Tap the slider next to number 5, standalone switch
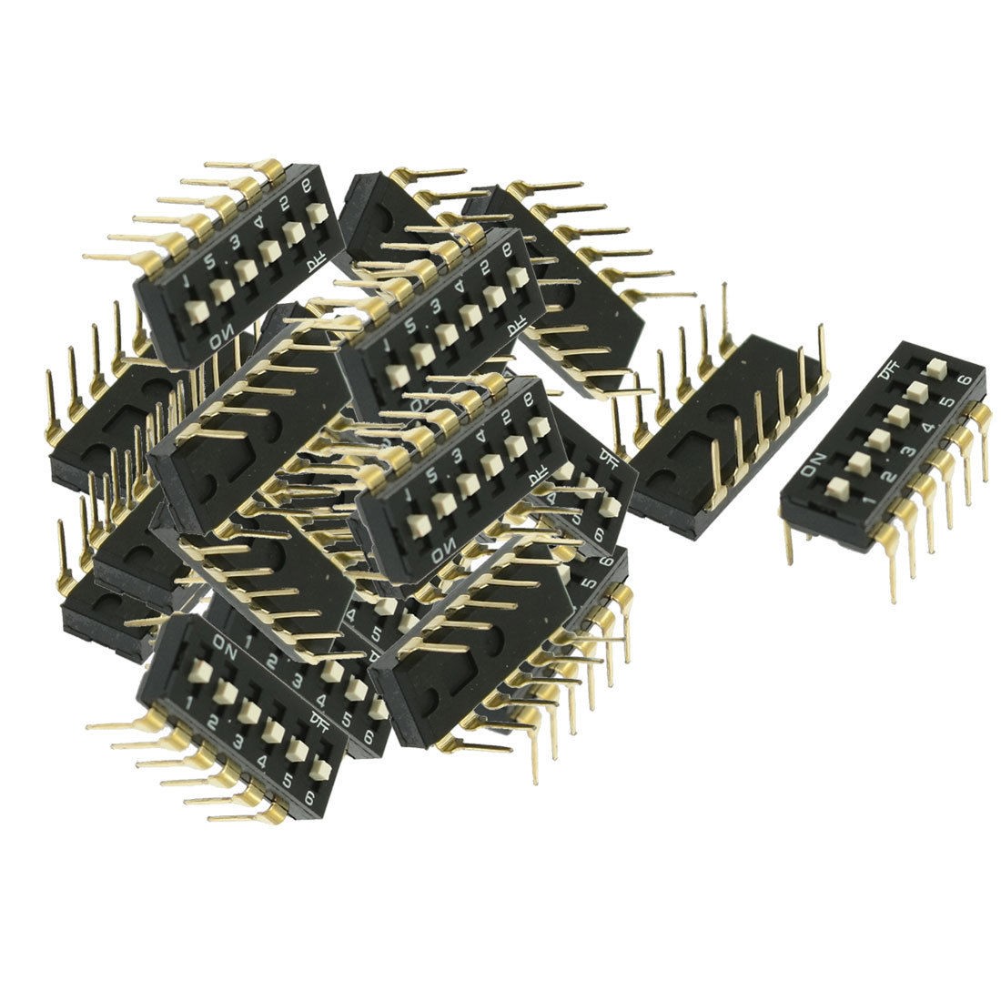point(915,391)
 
